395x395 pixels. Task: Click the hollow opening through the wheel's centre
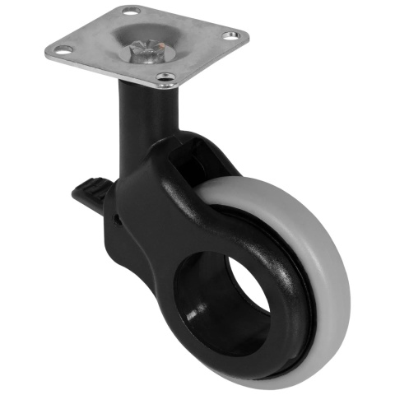(227, 296)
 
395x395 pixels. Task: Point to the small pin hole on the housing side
(117, 219)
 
